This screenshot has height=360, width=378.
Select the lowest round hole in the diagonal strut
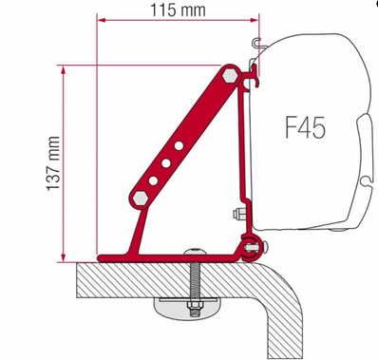tap(155, 180)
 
